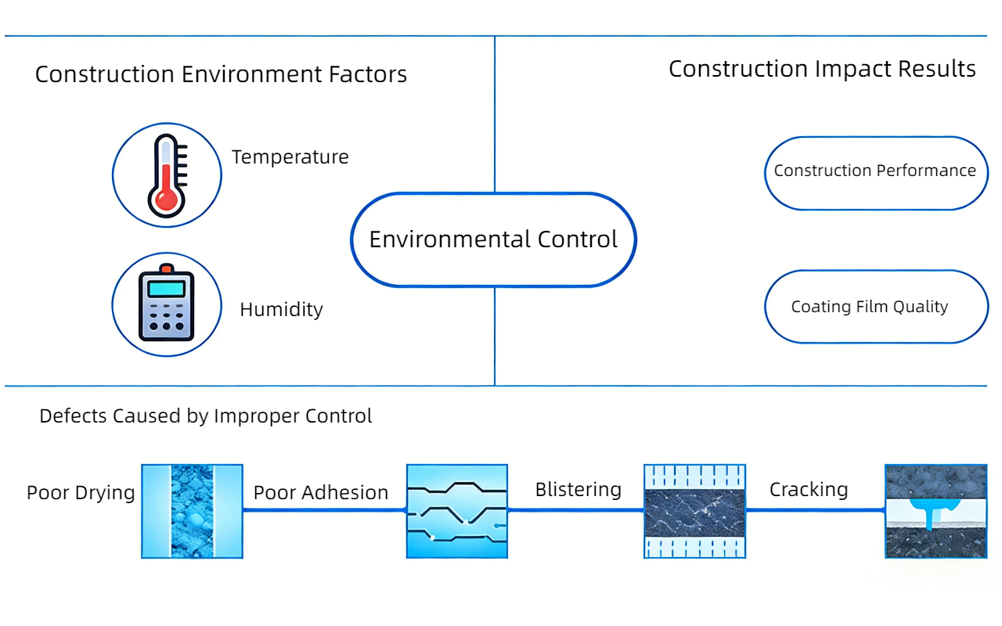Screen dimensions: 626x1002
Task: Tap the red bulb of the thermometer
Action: point(165,200)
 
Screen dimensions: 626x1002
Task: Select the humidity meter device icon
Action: point(166,304)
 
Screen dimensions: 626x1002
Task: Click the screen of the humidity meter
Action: point(166,289)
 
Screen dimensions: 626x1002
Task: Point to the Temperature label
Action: point(290,157)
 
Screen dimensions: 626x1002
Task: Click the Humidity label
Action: point(281,310)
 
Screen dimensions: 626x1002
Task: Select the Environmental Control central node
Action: point(493,239)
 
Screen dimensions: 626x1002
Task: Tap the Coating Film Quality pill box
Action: point(875,307)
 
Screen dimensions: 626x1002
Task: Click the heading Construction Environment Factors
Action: point(221,75)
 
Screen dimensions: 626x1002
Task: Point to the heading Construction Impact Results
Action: point(822,69)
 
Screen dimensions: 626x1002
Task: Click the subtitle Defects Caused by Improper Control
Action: point(206,416)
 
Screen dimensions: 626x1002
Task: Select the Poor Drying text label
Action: point(81,493)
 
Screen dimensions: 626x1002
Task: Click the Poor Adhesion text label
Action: point(321,493)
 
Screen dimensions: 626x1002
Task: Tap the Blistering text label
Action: point(578,490)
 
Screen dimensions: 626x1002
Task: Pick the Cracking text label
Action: point(809,490)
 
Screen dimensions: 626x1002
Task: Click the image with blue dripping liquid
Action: point(935,511)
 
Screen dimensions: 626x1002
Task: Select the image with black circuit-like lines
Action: point(457,511)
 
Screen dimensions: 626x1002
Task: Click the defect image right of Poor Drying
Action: point(192,511)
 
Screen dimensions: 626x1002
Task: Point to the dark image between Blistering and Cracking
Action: point(694,511)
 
